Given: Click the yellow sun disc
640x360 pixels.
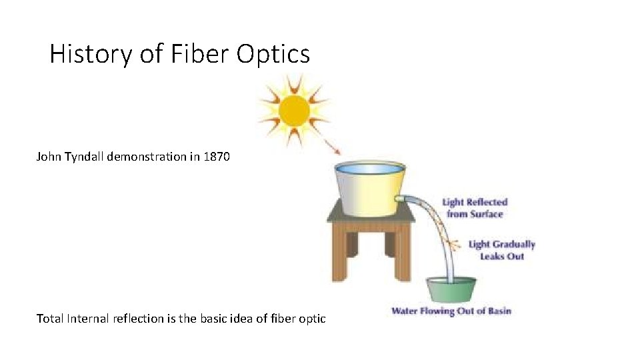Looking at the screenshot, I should click(294, 111).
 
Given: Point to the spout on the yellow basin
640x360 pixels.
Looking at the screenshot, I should click(401, 198).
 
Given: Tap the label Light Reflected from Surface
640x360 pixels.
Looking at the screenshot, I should click(475, 208).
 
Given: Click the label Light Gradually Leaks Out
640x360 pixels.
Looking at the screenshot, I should click(501, 250).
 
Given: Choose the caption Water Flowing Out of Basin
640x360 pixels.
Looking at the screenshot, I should click(451, 311).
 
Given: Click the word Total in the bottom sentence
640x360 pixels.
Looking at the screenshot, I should click(50, 319).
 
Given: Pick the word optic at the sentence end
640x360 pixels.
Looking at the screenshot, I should click(311, 319).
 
